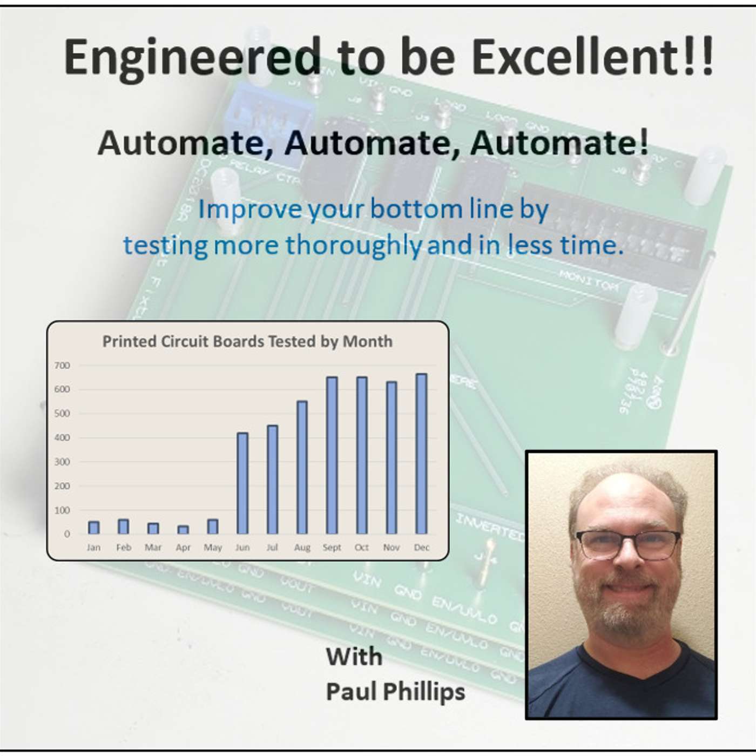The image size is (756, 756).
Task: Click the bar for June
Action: pyautogui.click(x=242, y=483)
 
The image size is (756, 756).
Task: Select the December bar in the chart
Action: pyautogui.click(x=421, y=454)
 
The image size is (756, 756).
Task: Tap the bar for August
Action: pyautogui.click(x=302, y=467)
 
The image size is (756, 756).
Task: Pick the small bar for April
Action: pyautogui.click(x=183, y=530)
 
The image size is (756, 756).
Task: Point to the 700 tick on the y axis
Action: pyautogui.click(x=63, y=366)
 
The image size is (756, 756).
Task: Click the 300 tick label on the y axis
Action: pyautogui.click(x=63, y=462)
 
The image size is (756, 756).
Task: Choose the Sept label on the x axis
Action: pyautogui.click(x=332, y=548)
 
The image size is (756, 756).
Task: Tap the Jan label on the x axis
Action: pyautogui.click(x=93, y=548)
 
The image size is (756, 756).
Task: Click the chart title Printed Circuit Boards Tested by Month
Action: pyautogui.click(x=247, y=342)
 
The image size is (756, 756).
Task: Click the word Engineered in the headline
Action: pyautogui.click(x=192, y=58)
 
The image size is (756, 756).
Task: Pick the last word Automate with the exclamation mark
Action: pyautogui.click(x=559, y=143)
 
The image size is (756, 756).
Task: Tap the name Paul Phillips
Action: pyautogui.click(x=395, y=692)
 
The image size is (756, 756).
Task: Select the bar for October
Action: pyautogui.click(x=361, y=455)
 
